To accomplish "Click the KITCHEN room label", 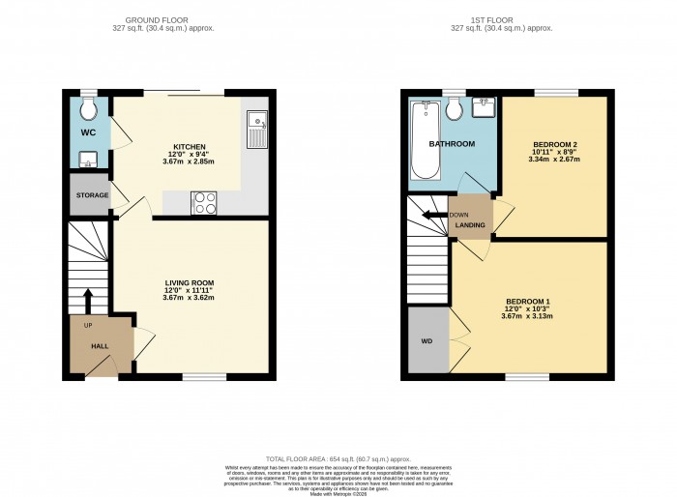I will tap(190, 147).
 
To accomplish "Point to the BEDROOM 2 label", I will tap(552, 144).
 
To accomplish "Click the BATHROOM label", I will tap(452, 144).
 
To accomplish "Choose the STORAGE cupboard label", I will tap(93, 195).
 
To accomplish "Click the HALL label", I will tap(100, 345).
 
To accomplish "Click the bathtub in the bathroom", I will tap(423, 142).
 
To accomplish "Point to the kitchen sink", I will tap(256, 127).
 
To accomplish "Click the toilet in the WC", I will tap(88, 103).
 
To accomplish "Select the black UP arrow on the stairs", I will tap(88, 299).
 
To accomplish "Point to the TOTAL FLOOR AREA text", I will tap(338, 457).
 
